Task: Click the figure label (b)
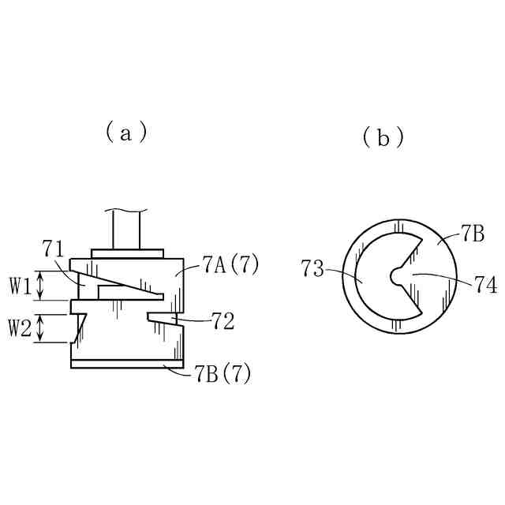click(383, 137)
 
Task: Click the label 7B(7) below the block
click(223, 374)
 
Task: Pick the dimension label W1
click(22, 286)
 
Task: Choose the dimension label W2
click(22, 327)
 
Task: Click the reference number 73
click(313, 270)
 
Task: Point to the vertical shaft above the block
click(127, 230)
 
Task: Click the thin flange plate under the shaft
click(127, 253)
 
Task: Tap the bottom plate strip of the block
click(127, 364)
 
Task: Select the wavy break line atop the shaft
click(127, 211)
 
